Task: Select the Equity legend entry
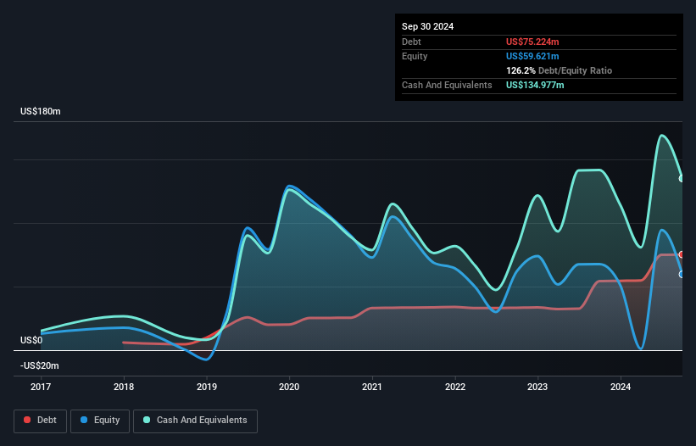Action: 100,421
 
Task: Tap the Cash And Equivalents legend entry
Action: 195,421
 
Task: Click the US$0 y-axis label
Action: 31,340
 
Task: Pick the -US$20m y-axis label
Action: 39,365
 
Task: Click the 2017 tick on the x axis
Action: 41,387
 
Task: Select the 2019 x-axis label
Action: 206,387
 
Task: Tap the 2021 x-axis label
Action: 372,387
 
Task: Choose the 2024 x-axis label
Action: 621,387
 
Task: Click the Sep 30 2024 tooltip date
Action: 428,26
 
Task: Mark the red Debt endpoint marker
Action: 681,254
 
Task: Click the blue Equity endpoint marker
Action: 681,274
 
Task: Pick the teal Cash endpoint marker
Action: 681,178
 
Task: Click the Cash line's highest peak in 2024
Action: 662,136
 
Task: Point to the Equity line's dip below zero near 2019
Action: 205,360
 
